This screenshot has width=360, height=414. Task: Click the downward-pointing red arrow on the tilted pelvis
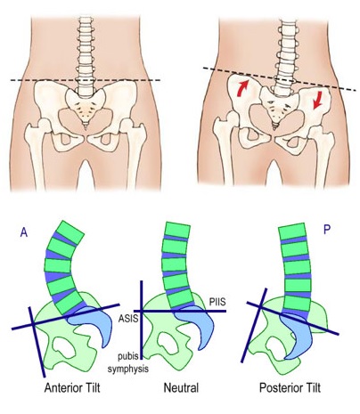[317, 101]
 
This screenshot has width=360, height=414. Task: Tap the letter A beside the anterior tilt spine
[24, 232]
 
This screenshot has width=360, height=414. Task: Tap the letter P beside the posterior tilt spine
[327, 229]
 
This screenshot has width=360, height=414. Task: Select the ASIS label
[128, 319]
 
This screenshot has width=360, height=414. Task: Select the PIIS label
[217, 302]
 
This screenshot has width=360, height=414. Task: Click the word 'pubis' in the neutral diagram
[128, 356]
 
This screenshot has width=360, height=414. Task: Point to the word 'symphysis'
[128, 369]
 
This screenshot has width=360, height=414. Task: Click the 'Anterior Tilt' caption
[72, 388]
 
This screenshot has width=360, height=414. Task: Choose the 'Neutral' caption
[181, 388]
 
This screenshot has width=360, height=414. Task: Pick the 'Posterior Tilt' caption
[290, 388]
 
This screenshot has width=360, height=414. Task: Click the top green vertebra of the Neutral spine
[177, 231]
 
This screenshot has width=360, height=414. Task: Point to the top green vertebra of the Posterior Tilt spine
[292, 231]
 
